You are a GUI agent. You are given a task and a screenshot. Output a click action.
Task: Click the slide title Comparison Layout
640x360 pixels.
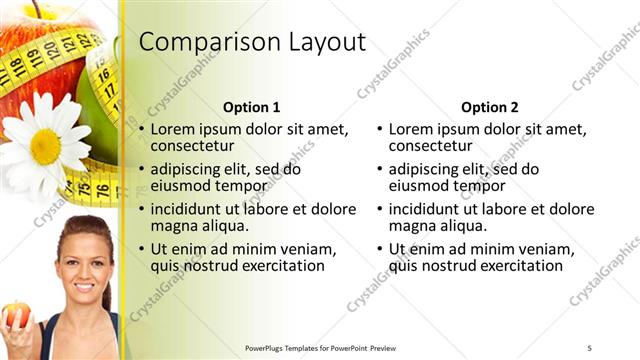[x=252, y=42]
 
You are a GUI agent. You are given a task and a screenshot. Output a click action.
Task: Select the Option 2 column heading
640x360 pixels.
[x=491, y=107]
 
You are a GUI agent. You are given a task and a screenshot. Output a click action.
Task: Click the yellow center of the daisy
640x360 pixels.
[x=45, y=146]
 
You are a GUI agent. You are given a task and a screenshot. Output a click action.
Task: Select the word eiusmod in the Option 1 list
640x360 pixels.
[x=179, y=186]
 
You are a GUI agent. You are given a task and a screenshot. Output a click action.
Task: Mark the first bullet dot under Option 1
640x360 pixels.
[x=142, y=130]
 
